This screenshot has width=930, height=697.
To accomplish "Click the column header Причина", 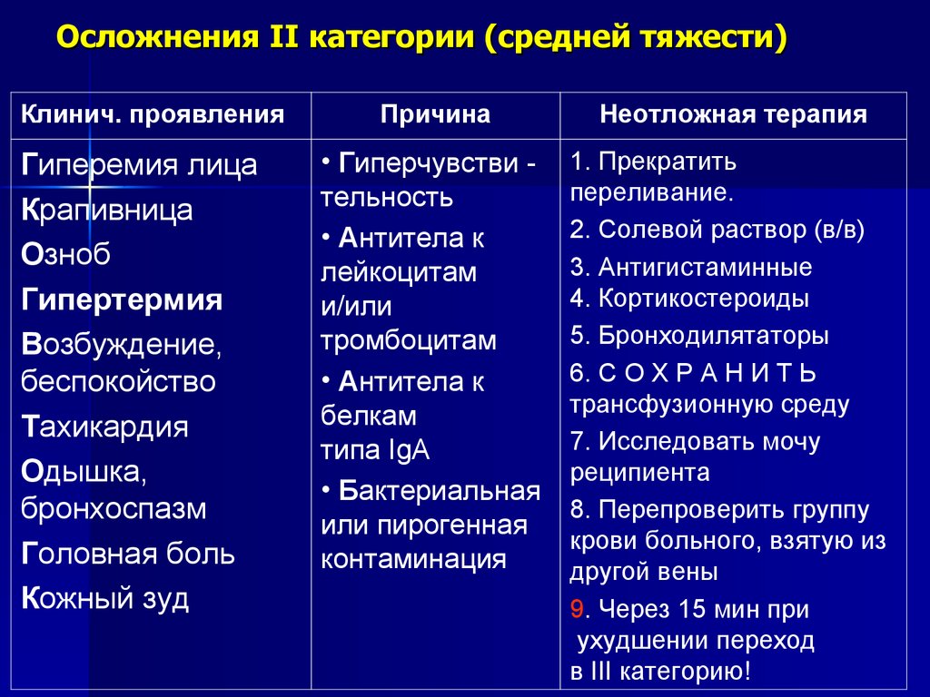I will point(435,114).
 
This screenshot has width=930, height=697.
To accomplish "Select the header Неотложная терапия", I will point(733,114).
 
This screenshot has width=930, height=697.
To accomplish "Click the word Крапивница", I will point(105,210).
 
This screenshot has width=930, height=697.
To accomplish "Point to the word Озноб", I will point(65,255).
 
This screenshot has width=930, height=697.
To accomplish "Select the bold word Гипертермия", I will point(122,299).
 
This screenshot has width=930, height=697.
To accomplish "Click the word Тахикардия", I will point(104,427).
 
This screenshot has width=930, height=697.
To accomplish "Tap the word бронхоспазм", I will point(114,508).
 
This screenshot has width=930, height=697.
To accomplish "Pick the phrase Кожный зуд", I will point(104,599).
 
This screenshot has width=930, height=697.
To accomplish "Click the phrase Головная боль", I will point(127,554).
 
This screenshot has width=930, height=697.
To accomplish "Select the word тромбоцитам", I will point(409,340).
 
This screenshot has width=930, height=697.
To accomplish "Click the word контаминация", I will point(413,558).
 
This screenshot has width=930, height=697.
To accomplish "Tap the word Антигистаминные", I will point(705,268).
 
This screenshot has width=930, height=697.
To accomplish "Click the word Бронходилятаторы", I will point(713,335).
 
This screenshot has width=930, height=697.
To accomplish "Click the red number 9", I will point(576,609).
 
